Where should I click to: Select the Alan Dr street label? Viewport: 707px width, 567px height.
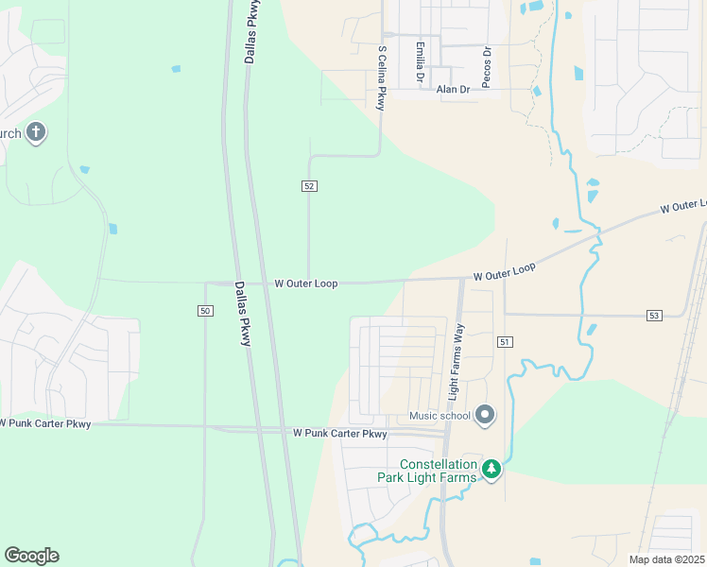(453, 90)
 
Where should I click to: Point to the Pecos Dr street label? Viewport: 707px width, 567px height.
(487, 67)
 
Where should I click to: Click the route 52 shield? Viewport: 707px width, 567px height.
(309, 186)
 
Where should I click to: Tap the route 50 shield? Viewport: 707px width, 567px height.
(205, 311)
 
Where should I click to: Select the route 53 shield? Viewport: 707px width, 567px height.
(653, 315)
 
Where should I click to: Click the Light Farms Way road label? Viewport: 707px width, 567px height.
(456, 360)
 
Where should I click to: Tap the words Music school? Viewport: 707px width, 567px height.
(440, 415)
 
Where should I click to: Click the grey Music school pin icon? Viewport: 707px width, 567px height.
(485, 414)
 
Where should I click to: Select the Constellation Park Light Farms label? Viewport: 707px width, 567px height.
(439, 471)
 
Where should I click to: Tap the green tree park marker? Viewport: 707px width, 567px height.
(491, 468)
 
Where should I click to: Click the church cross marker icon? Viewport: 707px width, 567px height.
(35, 131)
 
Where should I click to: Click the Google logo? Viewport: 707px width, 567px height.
(31, 556)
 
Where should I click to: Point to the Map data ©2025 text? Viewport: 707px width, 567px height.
(665, 559)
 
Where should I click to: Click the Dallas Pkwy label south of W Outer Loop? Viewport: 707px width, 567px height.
(242, 314)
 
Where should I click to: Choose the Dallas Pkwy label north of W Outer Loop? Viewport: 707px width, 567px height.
(252, 32)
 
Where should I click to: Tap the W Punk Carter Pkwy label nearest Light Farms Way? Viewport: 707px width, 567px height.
(339, 434)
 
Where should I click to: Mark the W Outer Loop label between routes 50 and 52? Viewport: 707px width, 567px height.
(305, 283)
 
